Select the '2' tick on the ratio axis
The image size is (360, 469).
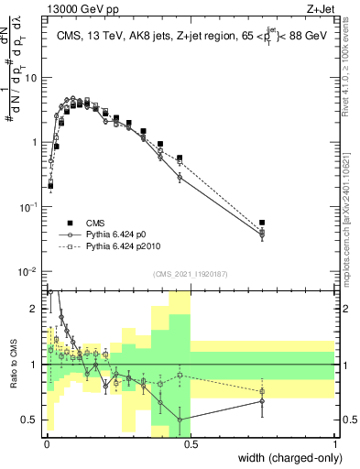(x=36, y=309)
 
